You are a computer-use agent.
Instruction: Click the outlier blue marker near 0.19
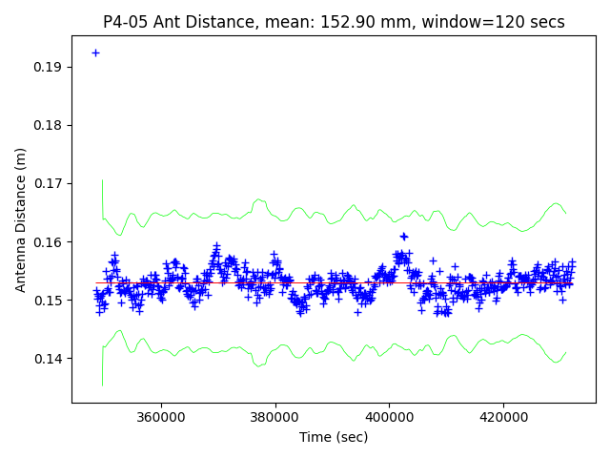(x=95, y=52)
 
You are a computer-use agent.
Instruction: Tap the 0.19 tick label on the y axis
(x=49, y=67)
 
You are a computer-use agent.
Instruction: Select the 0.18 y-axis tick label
(x=49, y=125)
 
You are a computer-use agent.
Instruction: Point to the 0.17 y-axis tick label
(x=49, y=183)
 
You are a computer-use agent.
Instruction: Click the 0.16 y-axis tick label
(x=49, y=242)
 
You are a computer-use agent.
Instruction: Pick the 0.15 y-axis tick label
(x=49, y=301)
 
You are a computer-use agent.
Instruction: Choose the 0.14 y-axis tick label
(x=49, y=359)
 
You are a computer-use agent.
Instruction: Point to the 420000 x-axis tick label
(x=503, y=417)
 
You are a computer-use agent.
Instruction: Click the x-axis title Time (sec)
(x=334, y=437)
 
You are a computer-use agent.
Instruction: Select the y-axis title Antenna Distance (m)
(x=20, y=219)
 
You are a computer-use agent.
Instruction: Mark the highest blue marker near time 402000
(x=403, y=236)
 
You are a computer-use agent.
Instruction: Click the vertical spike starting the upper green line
(x=102, y=196)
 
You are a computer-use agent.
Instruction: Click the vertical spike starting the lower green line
(x=102, y=367)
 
